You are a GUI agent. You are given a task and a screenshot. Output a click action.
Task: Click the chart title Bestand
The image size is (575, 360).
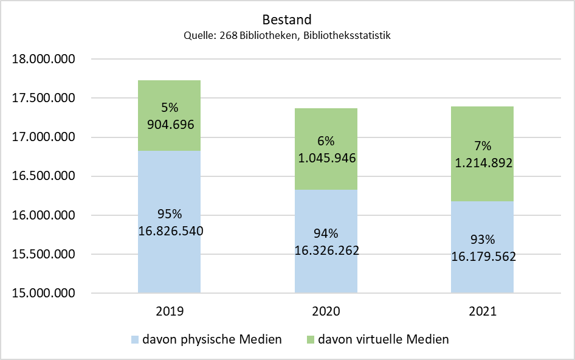(x=287, y=19)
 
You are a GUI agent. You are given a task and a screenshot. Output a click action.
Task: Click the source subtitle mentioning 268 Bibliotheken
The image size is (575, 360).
(x=287, y=36)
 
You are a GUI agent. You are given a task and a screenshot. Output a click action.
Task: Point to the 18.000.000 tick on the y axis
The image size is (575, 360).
(x=43, y=59)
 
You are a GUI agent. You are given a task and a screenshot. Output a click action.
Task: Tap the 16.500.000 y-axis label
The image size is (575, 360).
(x=43, y=176)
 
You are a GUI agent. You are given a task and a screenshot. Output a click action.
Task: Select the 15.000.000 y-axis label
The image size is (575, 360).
(x=43, y=293)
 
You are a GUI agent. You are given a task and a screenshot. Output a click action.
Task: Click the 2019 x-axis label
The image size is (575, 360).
(x=170, y=311)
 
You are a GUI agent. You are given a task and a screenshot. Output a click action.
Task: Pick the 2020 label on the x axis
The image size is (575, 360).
(x=326, y=311)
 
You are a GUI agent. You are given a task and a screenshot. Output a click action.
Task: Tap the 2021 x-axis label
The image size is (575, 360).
(x=483, y=311)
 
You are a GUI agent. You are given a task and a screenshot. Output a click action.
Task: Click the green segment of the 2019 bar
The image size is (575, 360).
(x=170, y=116)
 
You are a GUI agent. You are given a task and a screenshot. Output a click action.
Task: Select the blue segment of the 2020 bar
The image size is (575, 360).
(x=326, y=241)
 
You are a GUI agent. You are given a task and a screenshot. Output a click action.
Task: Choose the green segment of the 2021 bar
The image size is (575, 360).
(x=482, y=154)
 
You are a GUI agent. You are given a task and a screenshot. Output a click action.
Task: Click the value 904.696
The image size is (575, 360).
(x=171, y=125)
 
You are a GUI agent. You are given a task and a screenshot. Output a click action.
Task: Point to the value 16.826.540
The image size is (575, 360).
(x=171, y=231)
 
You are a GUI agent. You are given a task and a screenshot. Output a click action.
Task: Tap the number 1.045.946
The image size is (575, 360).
(x=327, y=158)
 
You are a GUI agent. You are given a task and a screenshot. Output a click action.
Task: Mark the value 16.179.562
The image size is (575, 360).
(x=483, y=256)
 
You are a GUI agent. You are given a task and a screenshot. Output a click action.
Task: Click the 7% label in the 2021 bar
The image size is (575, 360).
(x=483, y=146)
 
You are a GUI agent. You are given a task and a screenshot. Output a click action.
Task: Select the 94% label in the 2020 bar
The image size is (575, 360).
(x=326, y=234)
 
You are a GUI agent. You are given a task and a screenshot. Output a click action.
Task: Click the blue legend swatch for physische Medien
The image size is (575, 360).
(x=135, y=339)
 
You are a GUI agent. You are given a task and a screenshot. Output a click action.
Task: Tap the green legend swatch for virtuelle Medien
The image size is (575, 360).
(x=310, y=339)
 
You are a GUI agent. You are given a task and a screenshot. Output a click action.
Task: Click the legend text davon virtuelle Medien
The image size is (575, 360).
(x=384, y=339)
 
